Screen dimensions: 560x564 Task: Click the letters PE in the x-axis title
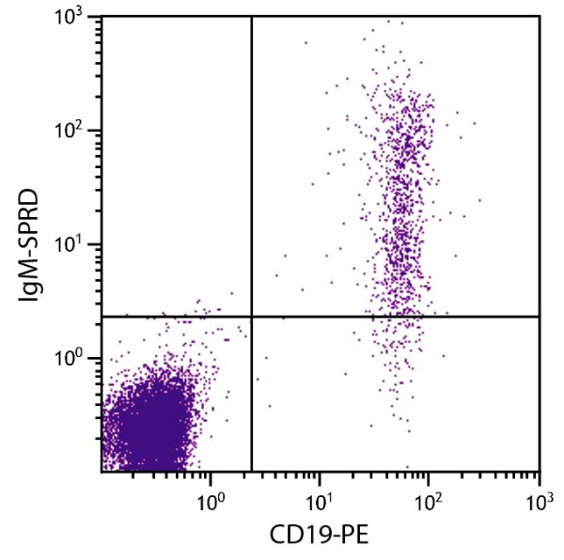349,537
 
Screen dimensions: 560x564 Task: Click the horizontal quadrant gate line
395,317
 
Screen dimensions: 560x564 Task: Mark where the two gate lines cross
252,317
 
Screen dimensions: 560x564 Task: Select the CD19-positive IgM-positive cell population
404,188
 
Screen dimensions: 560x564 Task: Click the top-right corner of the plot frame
540,17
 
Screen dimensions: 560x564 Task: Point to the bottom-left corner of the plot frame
102,471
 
